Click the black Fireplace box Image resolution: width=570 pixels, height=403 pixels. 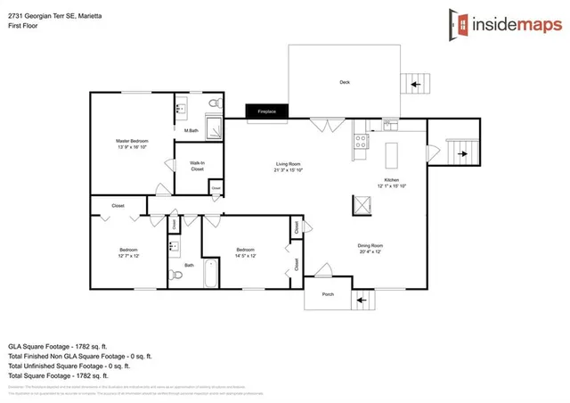click(x=267, y=111)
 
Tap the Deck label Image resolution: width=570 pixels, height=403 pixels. click(x=345, y=83)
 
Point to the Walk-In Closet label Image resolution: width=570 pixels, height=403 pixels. click(x=197, y=166)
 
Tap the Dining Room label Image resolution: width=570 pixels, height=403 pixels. click(x=370, y=249)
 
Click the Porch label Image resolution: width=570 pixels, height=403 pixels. click(x=328, y=294)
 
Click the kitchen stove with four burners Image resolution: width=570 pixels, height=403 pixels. click(x=362, y=141)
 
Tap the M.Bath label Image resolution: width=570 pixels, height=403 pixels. click(x=191, y=132)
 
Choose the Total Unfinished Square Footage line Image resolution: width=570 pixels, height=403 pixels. click(x=69, y=366)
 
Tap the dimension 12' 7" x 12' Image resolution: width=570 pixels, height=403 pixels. click(x=128, y=256)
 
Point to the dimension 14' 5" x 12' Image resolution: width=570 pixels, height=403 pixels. click(x=246, y=256)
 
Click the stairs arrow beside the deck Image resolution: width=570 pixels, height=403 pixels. click(x=413, y=86)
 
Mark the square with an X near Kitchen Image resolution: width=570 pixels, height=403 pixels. click(x=361, y=206)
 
